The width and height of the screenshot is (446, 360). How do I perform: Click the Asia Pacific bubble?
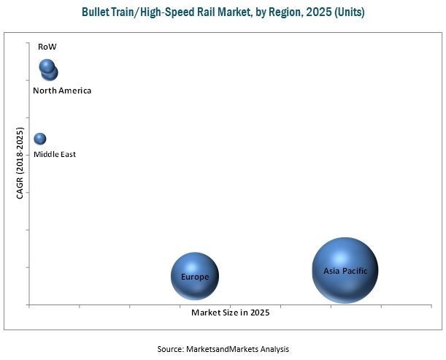(345, 270)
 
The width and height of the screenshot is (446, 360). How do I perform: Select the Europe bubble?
(195, 276)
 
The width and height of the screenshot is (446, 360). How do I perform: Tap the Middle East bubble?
(40, 139)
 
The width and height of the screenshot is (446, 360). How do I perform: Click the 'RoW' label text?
(47, 47)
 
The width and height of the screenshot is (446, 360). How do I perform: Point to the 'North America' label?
(62, 91)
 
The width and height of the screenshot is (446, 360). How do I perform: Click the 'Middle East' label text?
(55, 154)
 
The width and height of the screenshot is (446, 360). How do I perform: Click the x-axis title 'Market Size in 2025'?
(230, 313)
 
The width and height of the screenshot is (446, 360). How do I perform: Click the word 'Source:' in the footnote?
(172, 349)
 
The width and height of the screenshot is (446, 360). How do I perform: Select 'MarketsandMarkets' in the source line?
(220, 349)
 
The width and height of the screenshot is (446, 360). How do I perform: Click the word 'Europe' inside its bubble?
(195, 277)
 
